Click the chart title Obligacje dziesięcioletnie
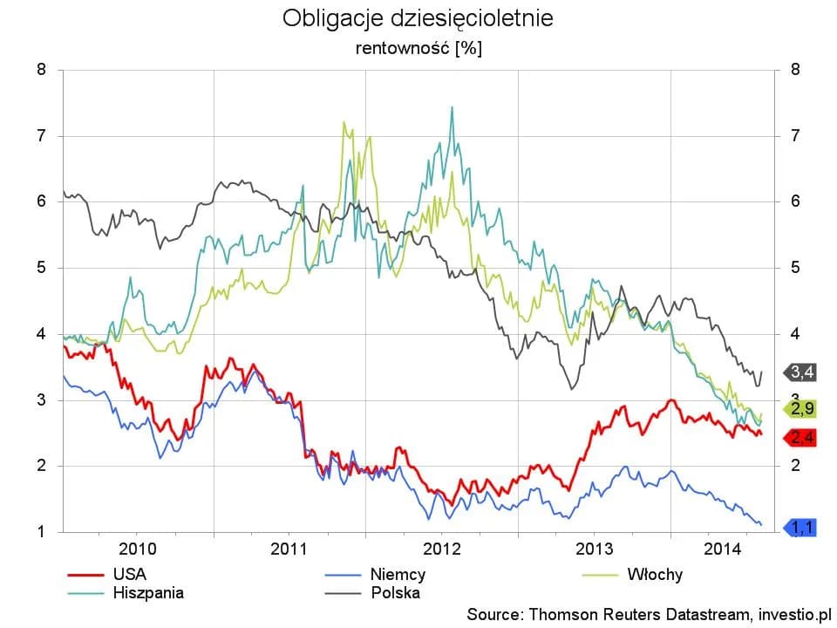click(x=418, y=18)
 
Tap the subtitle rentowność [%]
click(x=418, y=48)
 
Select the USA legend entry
click(x=129, y=574)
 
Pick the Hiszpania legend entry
click(x=147, y=593)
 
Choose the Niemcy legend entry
click(x=397, y=574)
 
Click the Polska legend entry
click(x=395, y=593)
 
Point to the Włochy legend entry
click(x=654, y=574)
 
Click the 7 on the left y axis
click(x=42, y=136)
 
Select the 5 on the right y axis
click(x=794, y=268)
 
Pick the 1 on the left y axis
click(x=42, y=531)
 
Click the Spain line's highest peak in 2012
click(x=452, y=107)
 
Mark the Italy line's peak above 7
click(x=344, y=122)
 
